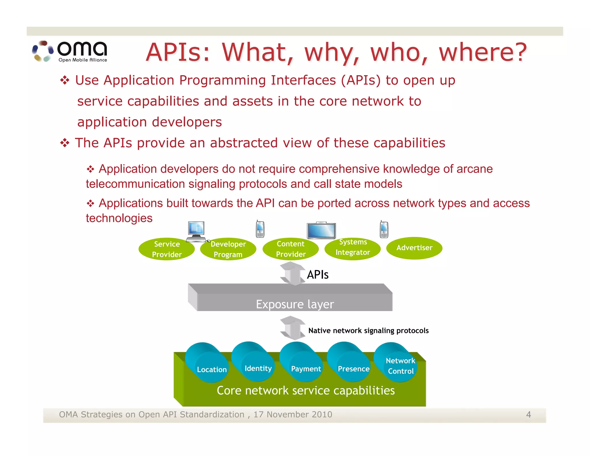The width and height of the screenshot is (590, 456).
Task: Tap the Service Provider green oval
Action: [167, 249]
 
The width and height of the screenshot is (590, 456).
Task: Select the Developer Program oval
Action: [228, 249]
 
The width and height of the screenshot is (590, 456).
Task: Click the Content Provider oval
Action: [290, 248]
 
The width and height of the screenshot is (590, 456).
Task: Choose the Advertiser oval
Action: [414, 248]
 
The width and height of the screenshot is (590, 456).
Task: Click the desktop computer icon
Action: [196, 231]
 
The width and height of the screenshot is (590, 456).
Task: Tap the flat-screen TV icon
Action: [321, 231]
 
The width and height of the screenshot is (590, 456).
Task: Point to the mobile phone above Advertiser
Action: [384, 230]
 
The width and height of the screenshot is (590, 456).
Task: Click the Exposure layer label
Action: [295, 304]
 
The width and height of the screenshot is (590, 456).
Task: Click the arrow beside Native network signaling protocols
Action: [293, 328]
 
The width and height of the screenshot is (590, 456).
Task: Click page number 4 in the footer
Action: [528, 414]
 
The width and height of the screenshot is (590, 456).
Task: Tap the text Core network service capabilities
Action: [305, 391]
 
